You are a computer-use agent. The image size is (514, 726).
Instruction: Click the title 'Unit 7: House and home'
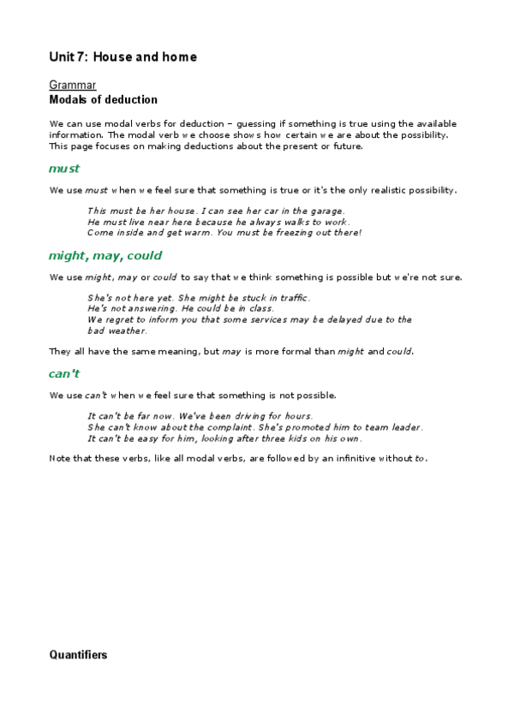[123, 57]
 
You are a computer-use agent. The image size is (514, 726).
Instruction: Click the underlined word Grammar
[72, 86]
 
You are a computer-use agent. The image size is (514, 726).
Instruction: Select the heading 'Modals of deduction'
[103, 100]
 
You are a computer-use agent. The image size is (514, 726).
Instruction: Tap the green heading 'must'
[64, 169]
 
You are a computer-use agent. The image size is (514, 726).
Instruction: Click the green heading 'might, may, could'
[105, 256]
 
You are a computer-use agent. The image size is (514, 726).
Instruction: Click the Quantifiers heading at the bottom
[78, 655]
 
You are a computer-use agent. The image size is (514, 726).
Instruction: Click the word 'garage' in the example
[326, 211]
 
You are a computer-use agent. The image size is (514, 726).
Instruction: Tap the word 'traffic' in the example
[292, 298]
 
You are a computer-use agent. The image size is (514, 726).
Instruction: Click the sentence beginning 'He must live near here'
[218, 222]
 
